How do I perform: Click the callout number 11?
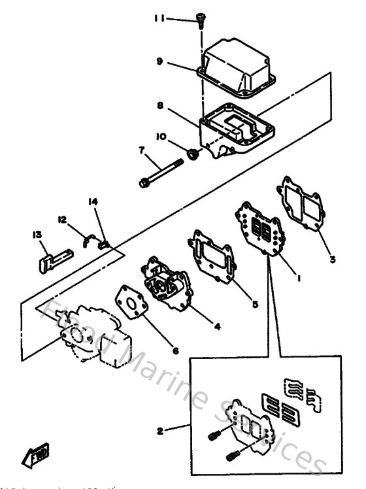pos(160,20)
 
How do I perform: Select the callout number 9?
pos(159,62)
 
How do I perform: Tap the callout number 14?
pos(93,202)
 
